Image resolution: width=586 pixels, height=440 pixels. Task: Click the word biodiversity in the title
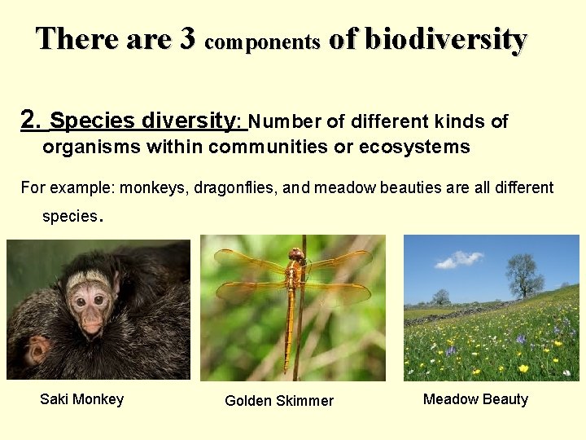(446, 38)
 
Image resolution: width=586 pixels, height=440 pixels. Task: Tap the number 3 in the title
(186, 38)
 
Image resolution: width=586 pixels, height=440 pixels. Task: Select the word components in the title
(262, 42)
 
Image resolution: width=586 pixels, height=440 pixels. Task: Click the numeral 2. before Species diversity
(32, 121)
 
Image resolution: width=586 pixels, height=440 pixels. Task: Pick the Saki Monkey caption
(81, 399)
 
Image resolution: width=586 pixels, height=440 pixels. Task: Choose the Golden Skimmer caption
(279, 401)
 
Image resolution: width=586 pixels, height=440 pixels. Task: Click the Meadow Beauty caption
(475, 399)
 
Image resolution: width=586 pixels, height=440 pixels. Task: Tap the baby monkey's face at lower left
(37, 352)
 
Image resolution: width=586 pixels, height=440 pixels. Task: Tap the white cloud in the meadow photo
(460, 260)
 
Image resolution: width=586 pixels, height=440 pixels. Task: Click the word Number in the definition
(284, 122)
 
